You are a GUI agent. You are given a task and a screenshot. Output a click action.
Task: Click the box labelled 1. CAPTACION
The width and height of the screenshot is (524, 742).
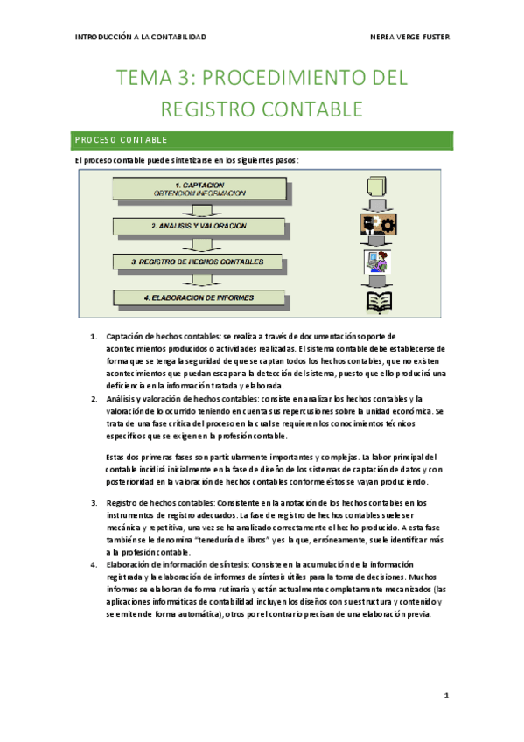199,189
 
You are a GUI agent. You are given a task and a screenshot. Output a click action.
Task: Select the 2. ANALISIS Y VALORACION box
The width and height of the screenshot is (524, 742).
199,226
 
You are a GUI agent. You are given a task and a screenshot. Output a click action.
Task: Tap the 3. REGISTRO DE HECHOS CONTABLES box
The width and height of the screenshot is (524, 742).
199,262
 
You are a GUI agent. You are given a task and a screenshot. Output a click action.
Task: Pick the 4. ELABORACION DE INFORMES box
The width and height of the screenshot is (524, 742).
199,297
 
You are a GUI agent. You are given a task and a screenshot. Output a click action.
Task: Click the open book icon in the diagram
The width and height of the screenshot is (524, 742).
378,302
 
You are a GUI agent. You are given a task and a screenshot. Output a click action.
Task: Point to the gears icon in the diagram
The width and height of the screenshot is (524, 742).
379,224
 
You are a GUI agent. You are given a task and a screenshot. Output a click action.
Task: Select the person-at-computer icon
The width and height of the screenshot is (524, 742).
378,262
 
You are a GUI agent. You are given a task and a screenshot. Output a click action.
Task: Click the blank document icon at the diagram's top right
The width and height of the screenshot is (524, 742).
378,187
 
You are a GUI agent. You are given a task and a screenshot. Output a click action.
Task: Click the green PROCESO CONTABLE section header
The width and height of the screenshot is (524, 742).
262,140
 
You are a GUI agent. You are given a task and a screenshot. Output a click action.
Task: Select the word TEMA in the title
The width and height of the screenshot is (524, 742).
150,79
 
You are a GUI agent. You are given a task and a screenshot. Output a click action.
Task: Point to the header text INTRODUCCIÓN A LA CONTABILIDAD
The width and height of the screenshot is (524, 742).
142,38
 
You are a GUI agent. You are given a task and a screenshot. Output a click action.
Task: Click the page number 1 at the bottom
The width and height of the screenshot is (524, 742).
445,696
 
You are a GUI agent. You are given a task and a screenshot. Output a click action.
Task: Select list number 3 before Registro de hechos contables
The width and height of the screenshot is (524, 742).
94,502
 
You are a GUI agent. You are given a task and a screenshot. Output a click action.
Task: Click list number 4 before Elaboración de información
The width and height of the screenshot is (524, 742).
94,564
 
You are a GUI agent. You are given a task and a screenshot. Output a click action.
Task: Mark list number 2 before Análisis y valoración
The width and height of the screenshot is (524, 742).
94,398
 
